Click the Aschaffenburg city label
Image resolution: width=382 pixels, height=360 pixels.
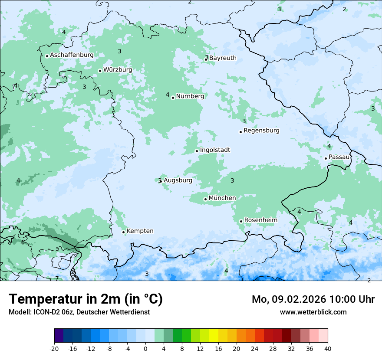tap(72, 55)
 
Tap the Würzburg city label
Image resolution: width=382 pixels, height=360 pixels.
tap(118, 70)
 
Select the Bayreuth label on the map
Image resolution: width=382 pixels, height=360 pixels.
tap(223, 58)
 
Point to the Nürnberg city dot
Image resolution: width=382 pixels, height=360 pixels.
tap(173, 98)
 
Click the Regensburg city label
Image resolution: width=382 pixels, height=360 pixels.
tap(261, 131)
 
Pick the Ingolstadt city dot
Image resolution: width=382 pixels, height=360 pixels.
tap(197, 151)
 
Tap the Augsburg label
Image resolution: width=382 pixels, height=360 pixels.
tap(178, 180)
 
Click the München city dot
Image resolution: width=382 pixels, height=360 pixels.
tap(205, 200)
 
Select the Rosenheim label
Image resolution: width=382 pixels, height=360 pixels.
tap(260, 220)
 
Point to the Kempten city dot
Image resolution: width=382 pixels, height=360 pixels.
tap(123, 232)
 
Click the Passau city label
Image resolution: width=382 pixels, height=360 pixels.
tap(339, 157)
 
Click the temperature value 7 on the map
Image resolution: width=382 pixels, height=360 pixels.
tap(56, 278)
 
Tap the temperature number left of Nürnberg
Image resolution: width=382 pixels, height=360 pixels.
tap(168, 95)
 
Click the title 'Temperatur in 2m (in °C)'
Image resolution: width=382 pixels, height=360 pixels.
tap(86, 299)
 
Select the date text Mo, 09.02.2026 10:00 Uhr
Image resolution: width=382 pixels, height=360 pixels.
tap(313, 299)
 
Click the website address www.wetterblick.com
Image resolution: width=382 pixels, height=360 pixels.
tap(313, 312)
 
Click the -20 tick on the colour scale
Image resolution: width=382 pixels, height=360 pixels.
tap(54, 349)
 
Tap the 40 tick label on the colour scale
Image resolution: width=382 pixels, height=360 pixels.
tap(327, 349)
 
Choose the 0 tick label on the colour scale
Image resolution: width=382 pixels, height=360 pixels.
tap(145, 349)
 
